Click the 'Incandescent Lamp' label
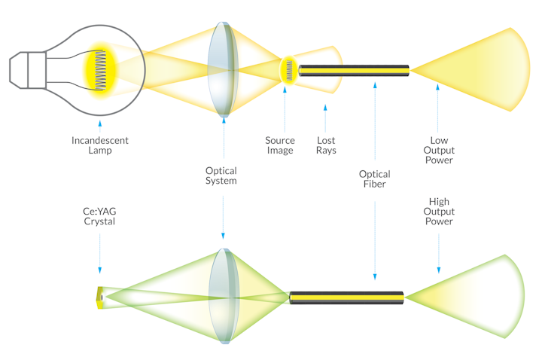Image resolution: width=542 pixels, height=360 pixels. tap(99, 145)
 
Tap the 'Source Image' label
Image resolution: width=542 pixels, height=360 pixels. tap(280, 145)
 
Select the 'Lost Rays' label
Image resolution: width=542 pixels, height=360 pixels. tap(326, 145)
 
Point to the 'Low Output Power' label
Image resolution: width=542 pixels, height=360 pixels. tap(438, 150)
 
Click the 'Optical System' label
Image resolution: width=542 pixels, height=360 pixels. tap(221, 175)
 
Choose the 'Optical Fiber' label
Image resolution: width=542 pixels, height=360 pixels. tap(374, 178)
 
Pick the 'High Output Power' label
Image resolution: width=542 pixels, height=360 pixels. tap(439, 212)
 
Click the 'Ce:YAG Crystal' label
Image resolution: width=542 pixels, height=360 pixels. tap(99, 216)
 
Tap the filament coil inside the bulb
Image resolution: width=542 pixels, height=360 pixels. tap(100, 70)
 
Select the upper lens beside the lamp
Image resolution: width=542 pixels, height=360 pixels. tap(223, 69)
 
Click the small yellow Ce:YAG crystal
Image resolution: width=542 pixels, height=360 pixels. tap(99, 297)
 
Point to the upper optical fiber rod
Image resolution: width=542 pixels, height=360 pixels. tap(354, 71)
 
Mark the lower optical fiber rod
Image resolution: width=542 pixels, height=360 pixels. tap(347, 297)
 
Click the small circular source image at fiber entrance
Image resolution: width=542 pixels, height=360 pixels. tap(287, 70)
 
